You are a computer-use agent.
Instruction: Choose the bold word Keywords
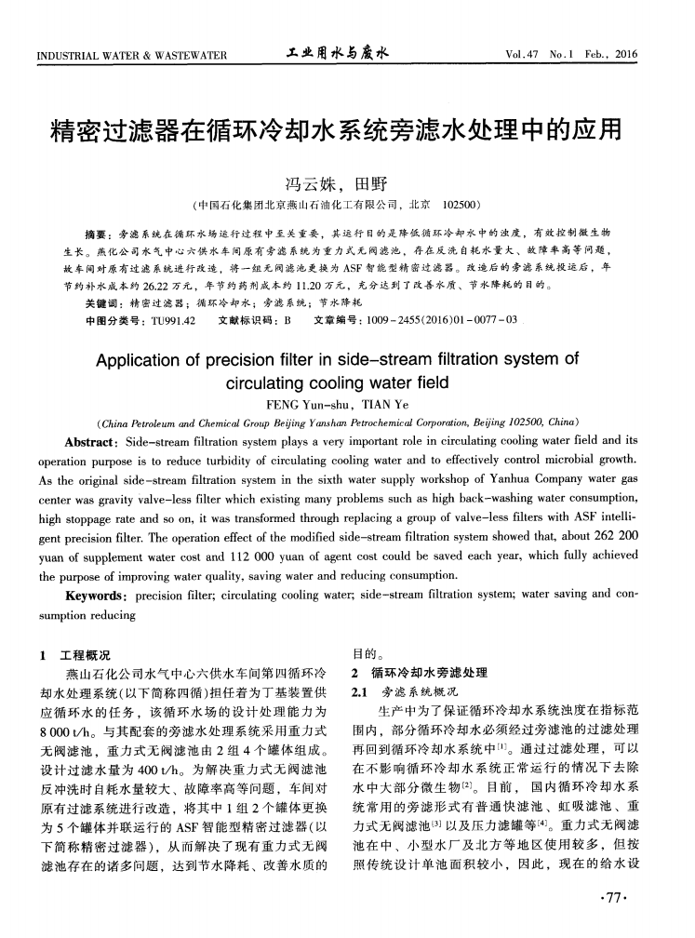click(x=95, y=595)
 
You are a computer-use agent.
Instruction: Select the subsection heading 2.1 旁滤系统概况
click(x=401, y=692)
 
